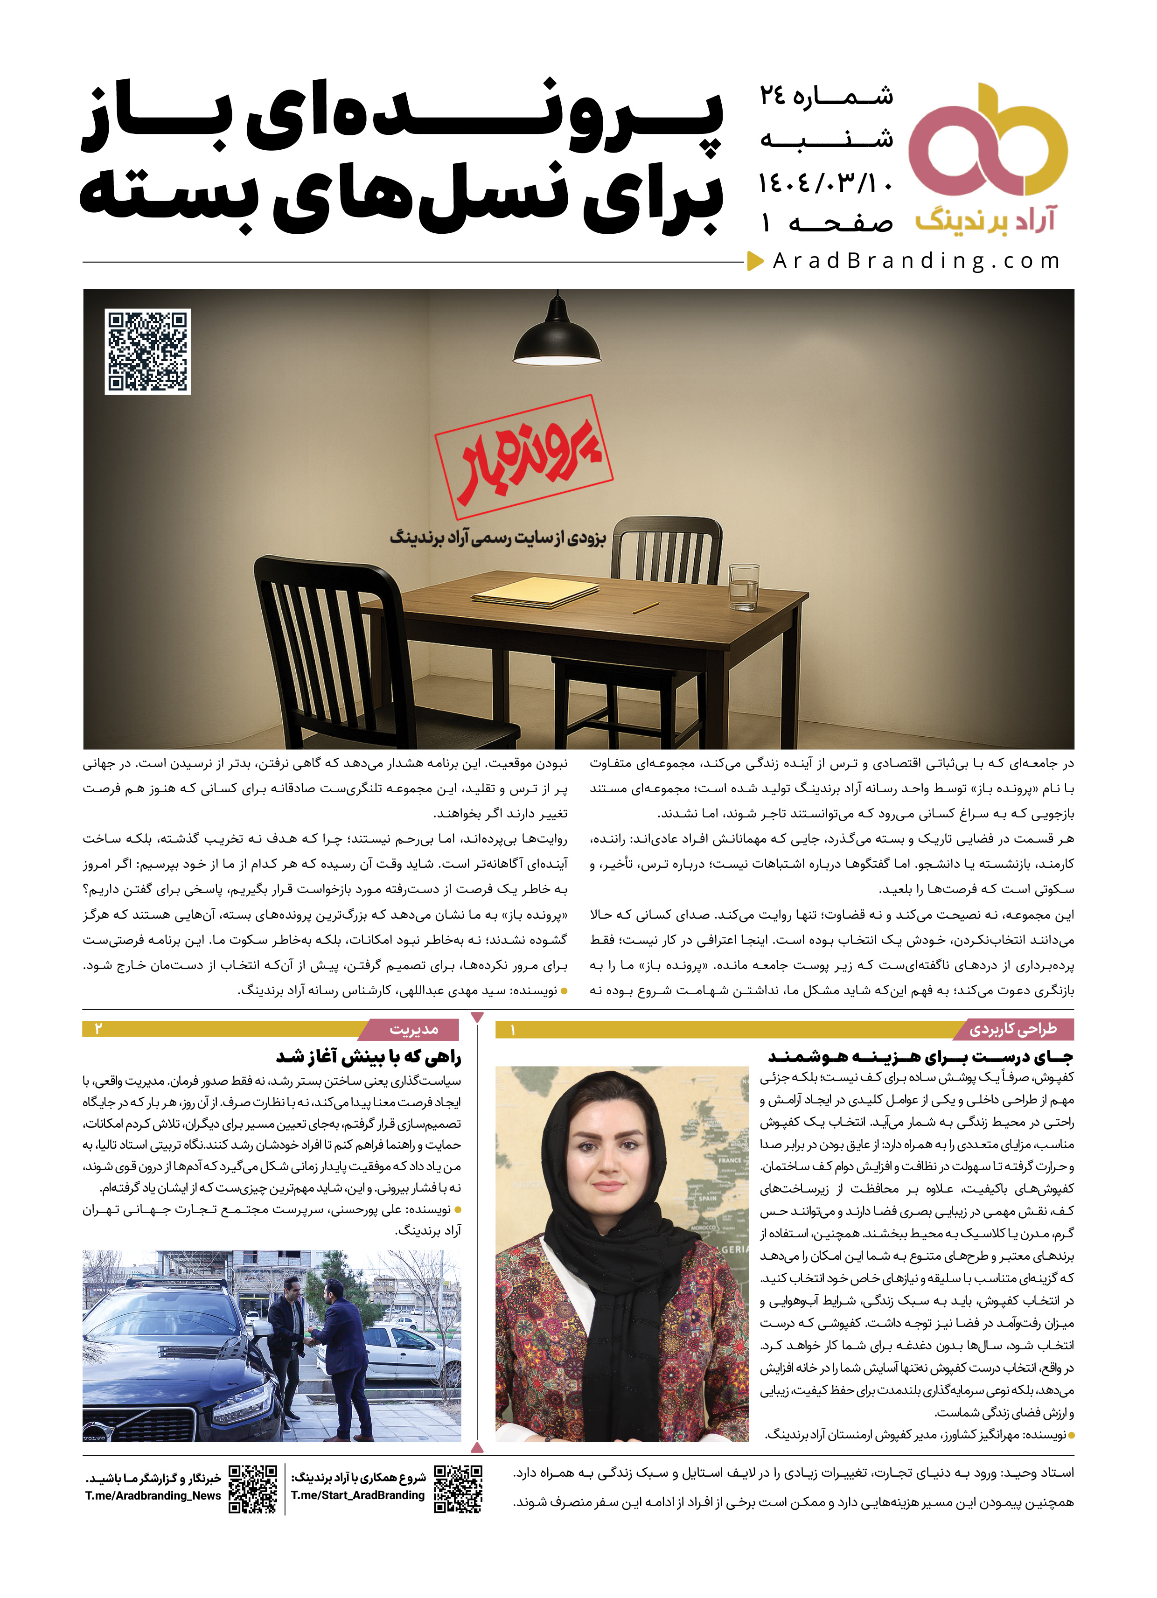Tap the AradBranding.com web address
coord(916,261)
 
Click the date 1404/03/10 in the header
coord(826,183)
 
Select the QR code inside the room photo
coord(147,351)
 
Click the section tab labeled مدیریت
coord(414,1029)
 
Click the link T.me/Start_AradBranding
coord(358,1495)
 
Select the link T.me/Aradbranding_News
coord(153,1496)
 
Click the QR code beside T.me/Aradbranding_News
coord(253,1489)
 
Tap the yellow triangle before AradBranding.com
coord(755,261)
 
